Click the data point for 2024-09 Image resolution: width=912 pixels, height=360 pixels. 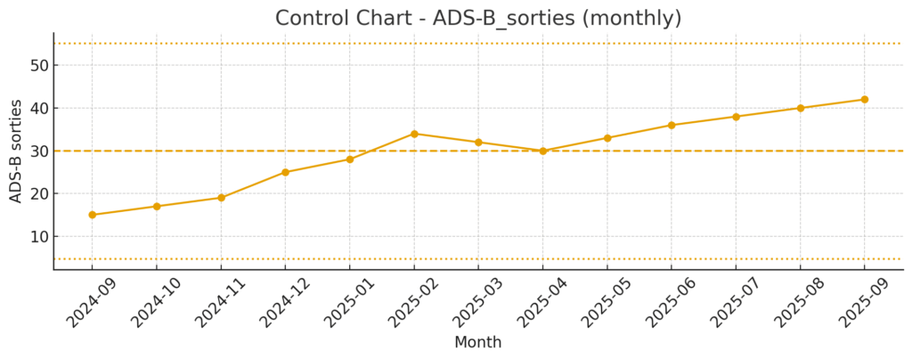[x=93, y=215]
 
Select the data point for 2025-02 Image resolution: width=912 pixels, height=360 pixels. [x=414, y=134]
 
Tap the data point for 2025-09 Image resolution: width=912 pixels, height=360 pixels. [x=864, y=100]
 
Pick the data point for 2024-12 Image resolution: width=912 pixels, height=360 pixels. [x=285, y=172]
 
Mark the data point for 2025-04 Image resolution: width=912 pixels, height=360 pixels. [x=542, y=151]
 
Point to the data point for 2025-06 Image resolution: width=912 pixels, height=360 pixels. [x=672, y=125]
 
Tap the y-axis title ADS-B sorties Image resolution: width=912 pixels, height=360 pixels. [x=16, y=151]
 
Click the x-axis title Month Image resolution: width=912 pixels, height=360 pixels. [x=478, y=343]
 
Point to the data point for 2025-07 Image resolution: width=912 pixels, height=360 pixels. [x=736, y=117]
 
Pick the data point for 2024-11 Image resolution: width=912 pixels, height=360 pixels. [x=221, y=198]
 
